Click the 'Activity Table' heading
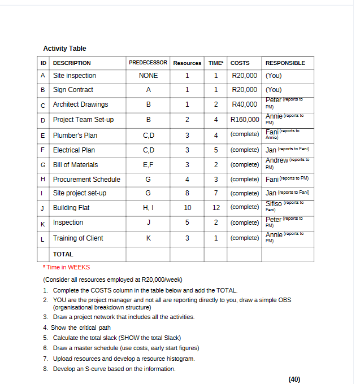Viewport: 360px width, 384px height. [64, 49]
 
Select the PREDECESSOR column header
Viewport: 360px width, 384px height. [148, 63]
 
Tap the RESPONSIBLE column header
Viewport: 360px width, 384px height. [285, 63]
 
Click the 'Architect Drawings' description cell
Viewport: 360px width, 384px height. [80, 104]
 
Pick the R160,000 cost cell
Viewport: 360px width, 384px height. [245, 120]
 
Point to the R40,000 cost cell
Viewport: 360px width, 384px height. [245, 104]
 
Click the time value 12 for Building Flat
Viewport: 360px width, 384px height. [215, 208]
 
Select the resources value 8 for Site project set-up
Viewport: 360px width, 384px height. [187, 193]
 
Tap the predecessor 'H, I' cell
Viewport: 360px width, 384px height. [148, 208]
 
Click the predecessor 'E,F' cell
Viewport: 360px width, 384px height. [148, 165]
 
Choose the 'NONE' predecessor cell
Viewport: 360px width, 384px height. [148, 76]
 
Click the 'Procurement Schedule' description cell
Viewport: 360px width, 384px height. [86, 180]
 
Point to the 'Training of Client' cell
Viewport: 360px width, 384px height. [78, 238]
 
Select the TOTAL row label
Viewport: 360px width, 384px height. [63, 255]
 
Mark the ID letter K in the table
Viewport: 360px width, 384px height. [43, 223]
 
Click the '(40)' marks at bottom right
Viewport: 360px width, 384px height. [294, 379]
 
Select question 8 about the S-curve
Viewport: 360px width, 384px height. [113, 369]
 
